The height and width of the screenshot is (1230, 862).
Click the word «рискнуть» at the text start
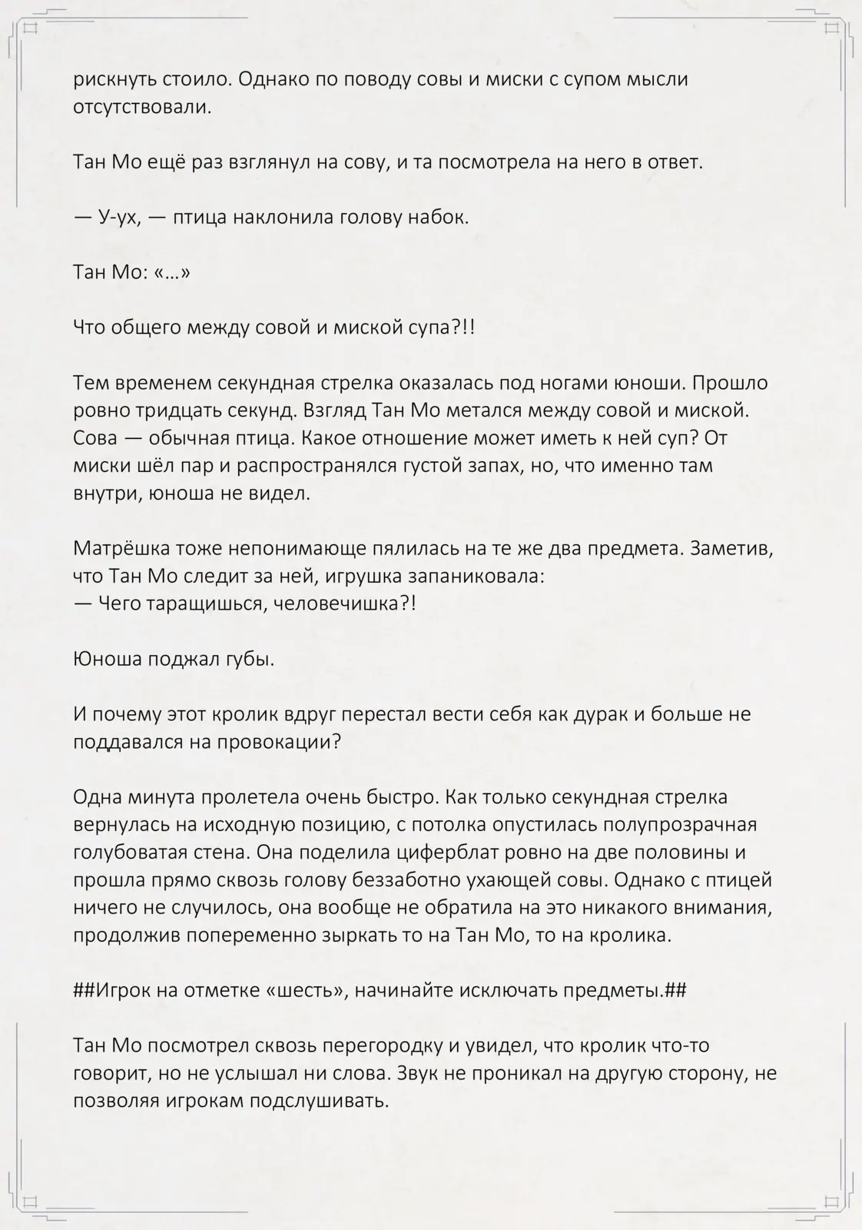coord(114,79)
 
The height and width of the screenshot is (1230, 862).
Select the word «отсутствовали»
coord(141,107)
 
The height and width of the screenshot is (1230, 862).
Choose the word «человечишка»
coord(345,603)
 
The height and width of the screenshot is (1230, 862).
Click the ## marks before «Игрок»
coord(84,990)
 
